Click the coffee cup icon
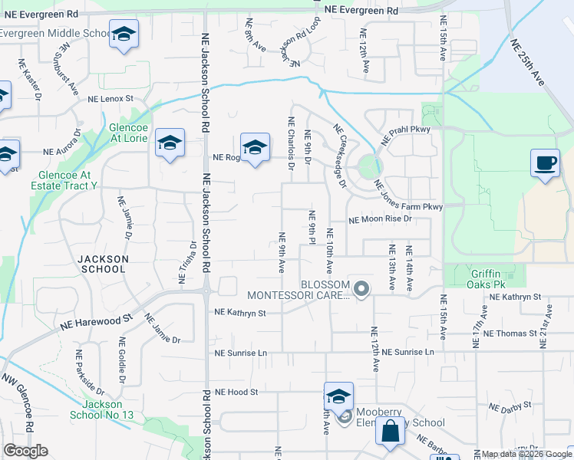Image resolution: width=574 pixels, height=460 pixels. coord(545,163)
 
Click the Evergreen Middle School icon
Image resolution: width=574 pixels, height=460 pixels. coord(123,34)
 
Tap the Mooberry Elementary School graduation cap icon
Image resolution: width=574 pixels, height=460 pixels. coord(338,396)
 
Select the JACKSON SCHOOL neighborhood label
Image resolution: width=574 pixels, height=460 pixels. coord(102,264)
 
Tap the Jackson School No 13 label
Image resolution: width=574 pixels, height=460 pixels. coord(101,409)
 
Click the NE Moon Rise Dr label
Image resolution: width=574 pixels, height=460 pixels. coord(381,219)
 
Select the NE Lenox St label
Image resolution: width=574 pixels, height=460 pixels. coord(111,99)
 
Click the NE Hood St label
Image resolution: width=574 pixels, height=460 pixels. coord(235,392)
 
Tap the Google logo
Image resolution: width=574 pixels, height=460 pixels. coord(25,451)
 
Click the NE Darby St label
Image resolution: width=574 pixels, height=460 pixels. coord(511,406)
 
